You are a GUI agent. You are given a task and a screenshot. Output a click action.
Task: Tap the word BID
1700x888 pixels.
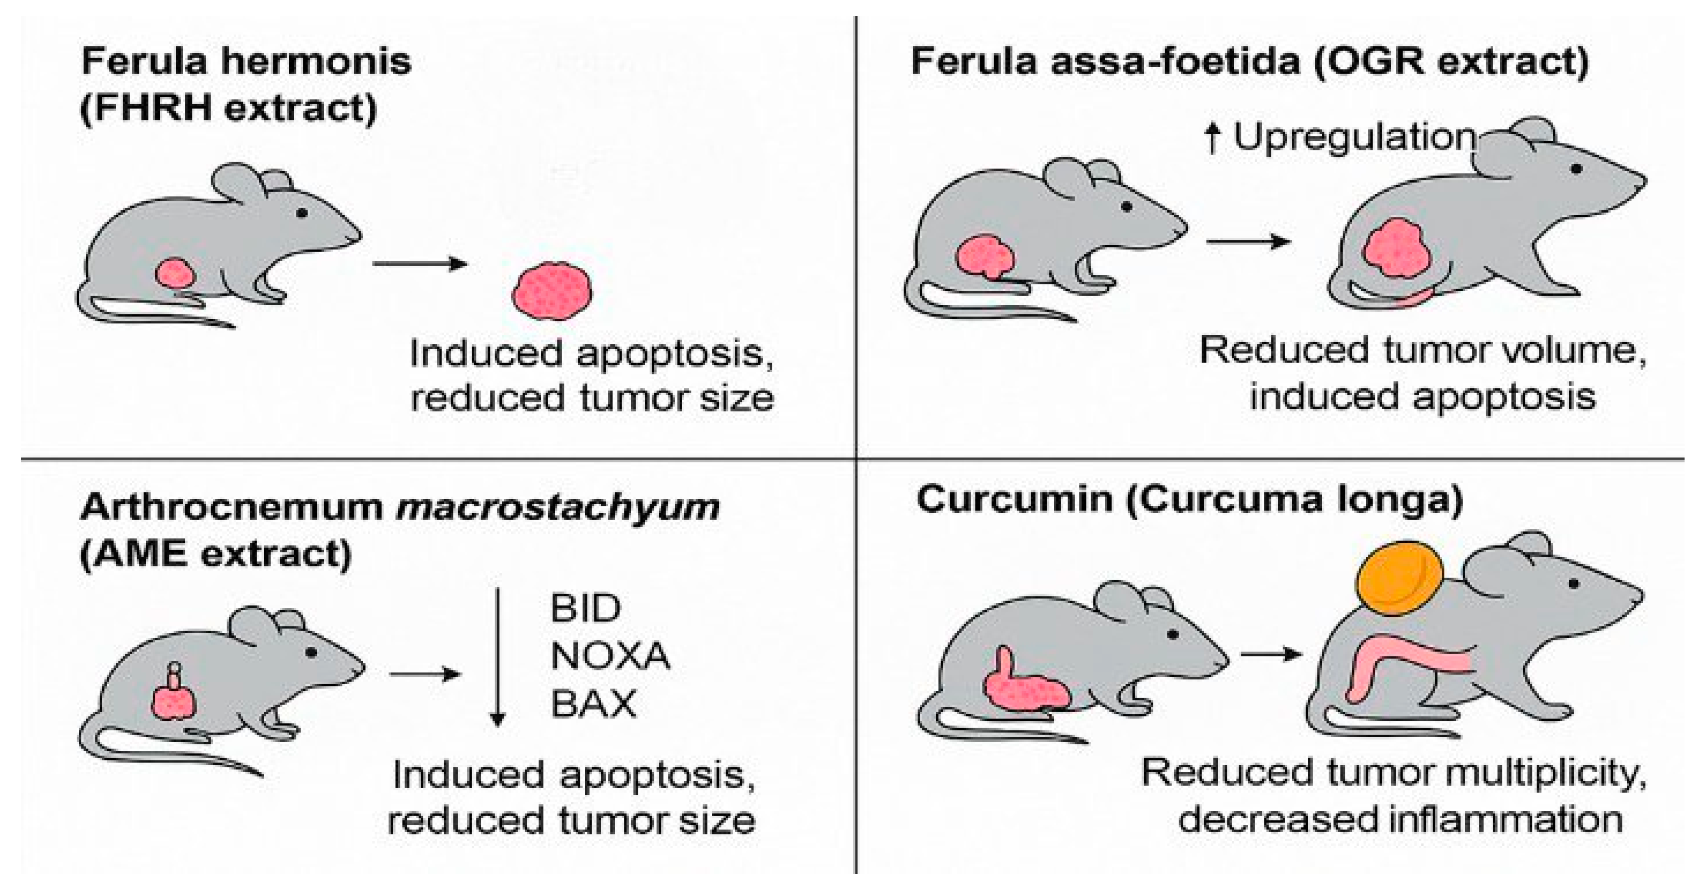[x=585, y=608]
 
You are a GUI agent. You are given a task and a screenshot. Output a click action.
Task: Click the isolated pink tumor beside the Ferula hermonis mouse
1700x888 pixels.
[x=553, y=291]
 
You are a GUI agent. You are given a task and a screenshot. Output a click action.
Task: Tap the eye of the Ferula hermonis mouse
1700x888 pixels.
[x=301, y=213]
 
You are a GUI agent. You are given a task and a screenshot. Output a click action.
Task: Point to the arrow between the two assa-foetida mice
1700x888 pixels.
[x=1248, y=242]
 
